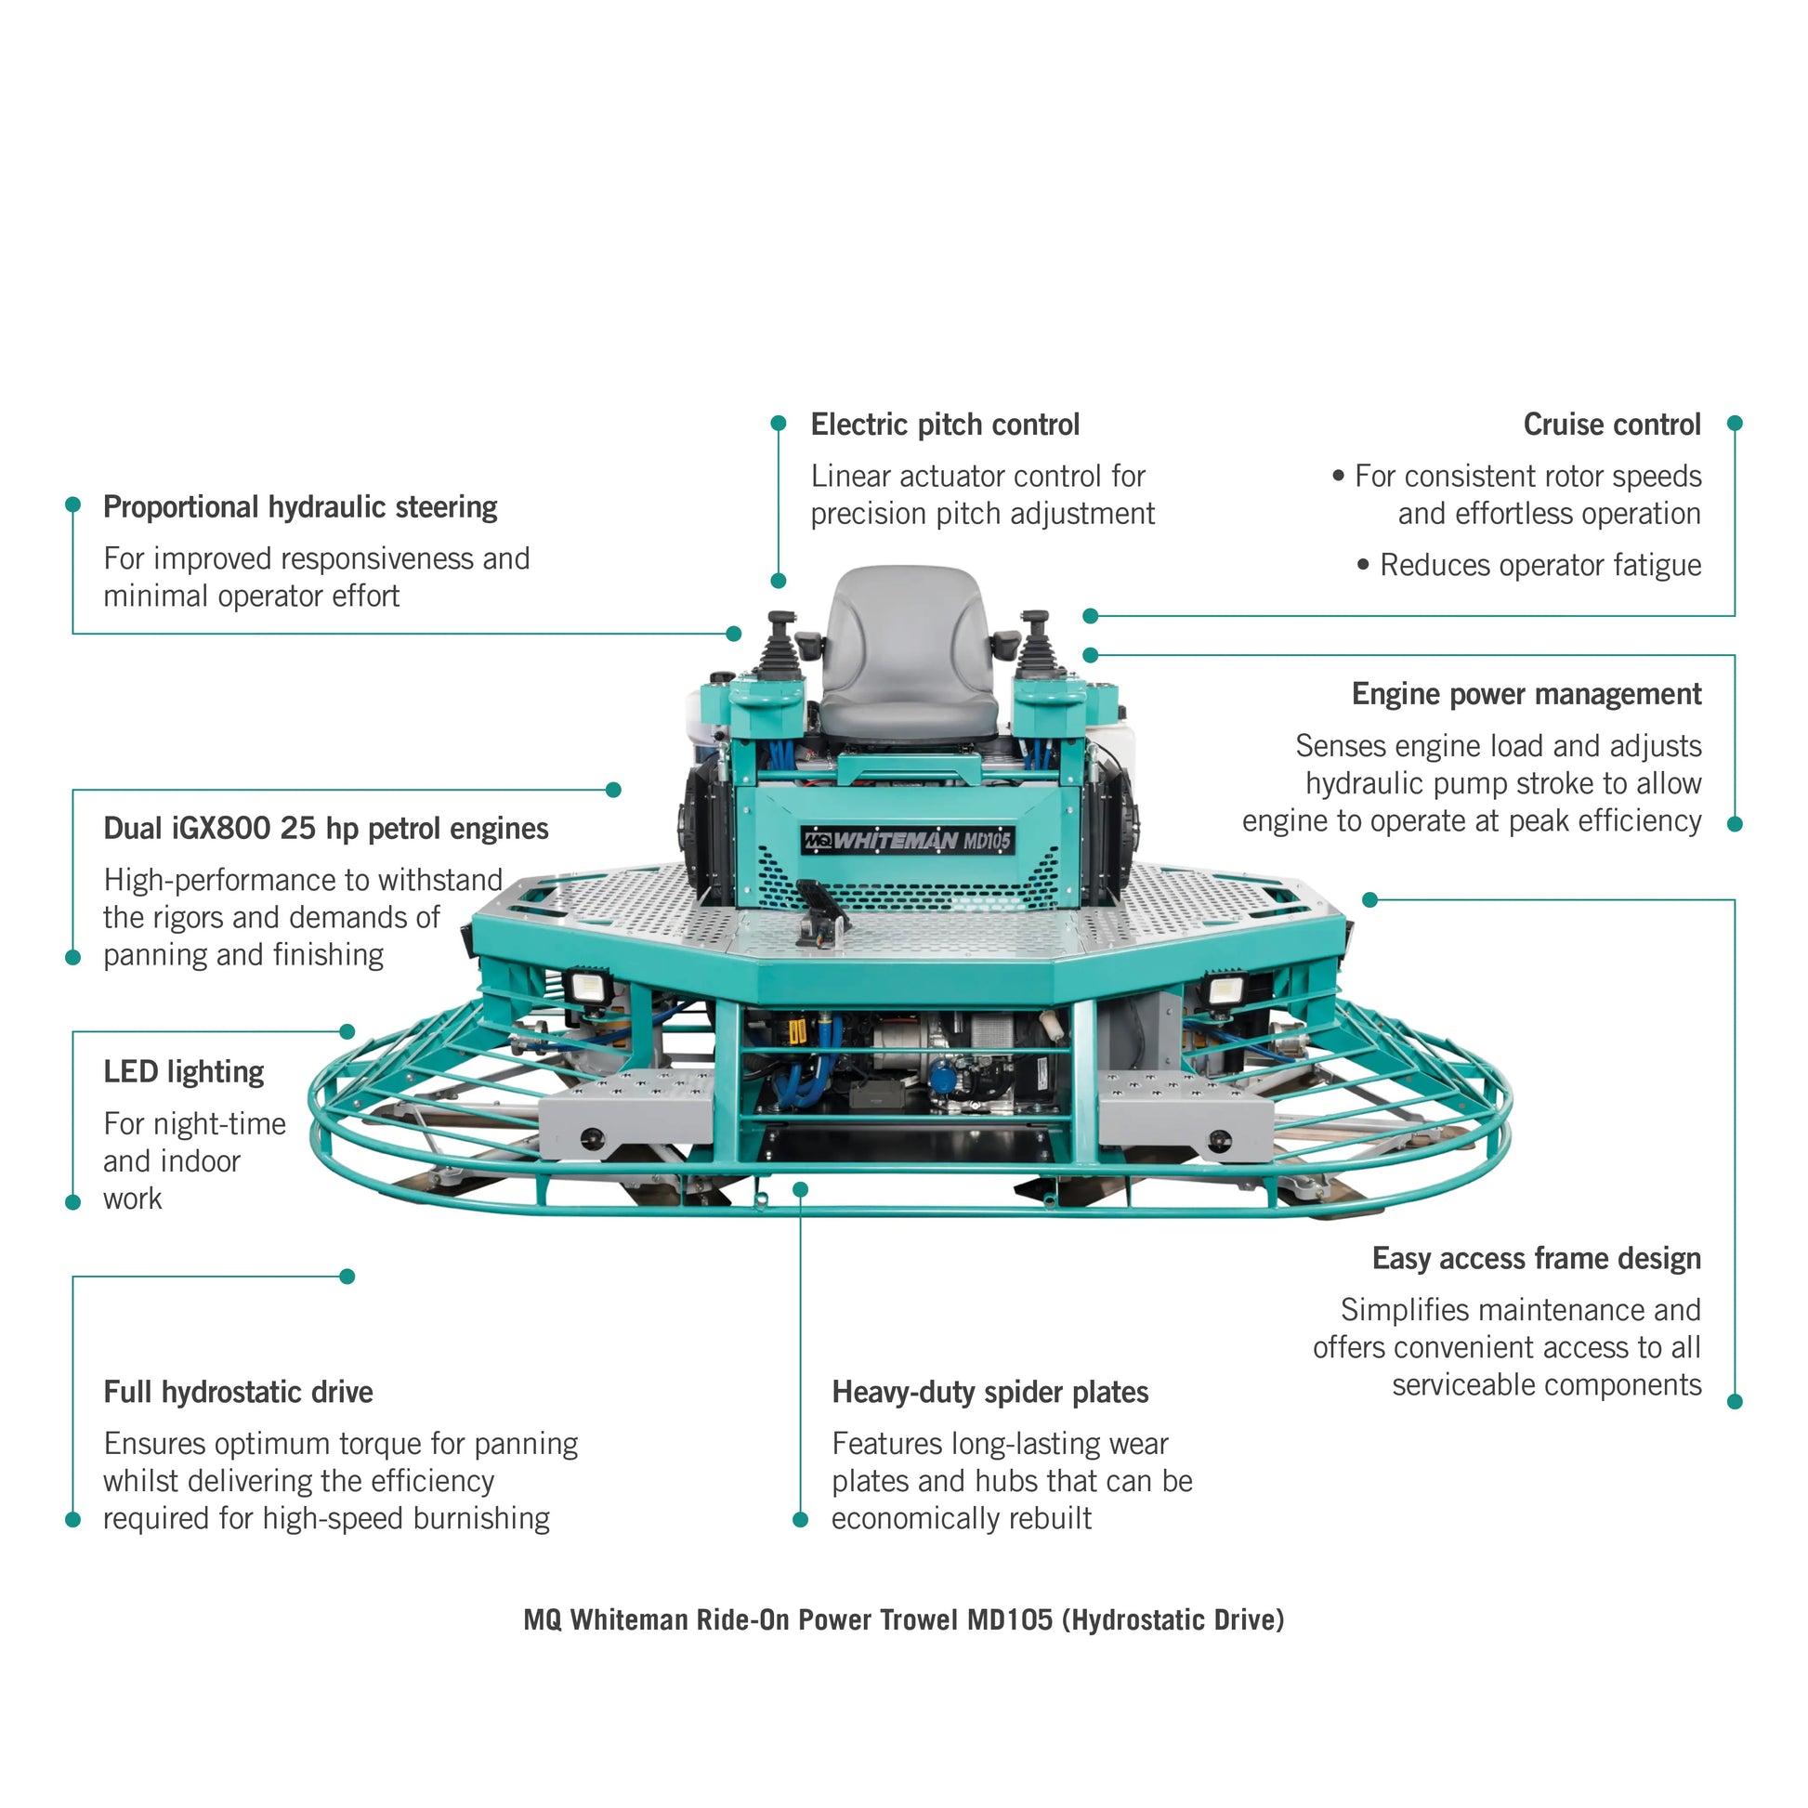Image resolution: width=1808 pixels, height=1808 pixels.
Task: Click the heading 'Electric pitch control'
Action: point(944,425)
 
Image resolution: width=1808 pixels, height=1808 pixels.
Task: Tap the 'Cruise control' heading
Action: point(1610,425)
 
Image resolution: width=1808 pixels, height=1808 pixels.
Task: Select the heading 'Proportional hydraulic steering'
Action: point(299,507)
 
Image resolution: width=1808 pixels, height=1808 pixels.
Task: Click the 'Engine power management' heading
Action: point(1526,694)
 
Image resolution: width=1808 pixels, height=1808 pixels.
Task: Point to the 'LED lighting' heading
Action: point(183,1071)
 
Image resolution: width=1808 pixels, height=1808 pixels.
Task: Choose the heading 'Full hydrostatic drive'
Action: point(238,1392)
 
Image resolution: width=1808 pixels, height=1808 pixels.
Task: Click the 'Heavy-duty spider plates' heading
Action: point(989,1392)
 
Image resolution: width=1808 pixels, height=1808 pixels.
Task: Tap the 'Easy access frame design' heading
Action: point(1536,1259)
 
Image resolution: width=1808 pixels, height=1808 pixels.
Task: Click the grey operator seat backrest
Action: point(905,636)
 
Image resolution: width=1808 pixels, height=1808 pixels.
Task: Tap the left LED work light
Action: point(587,987)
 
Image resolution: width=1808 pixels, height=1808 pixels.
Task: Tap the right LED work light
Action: point(1222,990)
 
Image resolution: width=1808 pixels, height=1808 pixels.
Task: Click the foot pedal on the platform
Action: point(821,908)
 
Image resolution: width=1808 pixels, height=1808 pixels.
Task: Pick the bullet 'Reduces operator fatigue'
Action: point(1539,565)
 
